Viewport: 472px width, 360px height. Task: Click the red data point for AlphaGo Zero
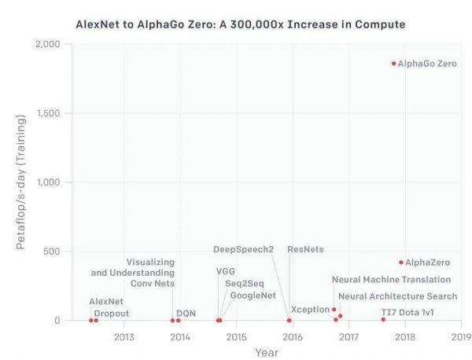pyautogui.click(x=394, y=63)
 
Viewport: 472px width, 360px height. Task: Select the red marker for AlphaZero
pyautogui.click(x=401, y=263)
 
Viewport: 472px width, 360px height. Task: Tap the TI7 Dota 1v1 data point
pyautogui.click(x=383, y=319)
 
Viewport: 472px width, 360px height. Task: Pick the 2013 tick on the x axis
pyautogui.click(x=124, y=337)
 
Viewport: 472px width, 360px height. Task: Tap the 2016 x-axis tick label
pyautogui.click(x=293, y=337)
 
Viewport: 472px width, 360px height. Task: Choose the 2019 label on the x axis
pyautogui.click(x=461, y=337)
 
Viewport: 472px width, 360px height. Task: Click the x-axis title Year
pyautogui.click(x=266, y=352)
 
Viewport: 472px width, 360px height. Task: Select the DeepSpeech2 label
pyautogui.click(x=243, y=249)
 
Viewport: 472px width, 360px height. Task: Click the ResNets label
pyautogui.click(x=305, y=249)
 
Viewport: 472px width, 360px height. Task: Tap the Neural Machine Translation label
pyautogui.click(x=391, y=279)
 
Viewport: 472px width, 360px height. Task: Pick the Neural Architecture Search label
pyautogui.click(x=397, y=296)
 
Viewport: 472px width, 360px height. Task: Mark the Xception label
pyautogui.click(x=310, y=309)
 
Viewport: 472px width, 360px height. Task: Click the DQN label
pyautogui.click(x=186, y=313)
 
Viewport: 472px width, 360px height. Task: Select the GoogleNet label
pyautogui.click(x=248, y=296)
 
